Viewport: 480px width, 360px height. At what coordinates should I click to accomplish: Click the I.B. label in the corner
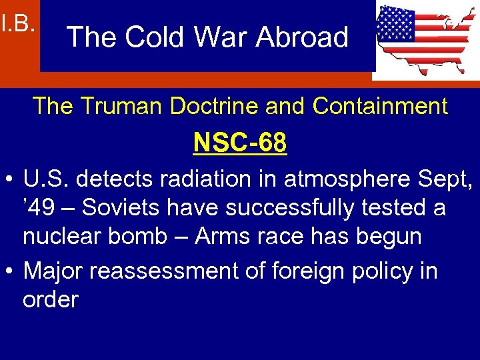coord(17,25)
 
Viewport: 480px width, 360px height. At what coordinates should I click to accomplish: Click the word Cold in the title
coord(150,37)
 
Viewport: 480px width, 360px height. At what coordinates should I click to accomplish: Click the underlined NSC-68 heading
coord(240,142)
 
